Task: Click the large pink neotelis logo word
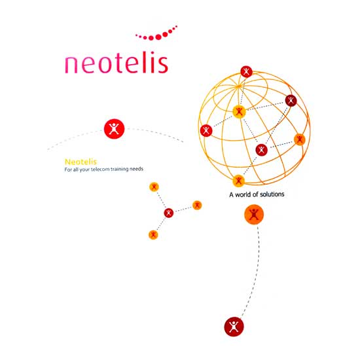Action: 117,63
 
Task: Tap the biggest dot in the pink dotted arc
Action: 158,37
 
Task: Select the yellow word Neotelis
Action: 81,162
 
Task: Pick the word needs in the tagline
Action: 136,169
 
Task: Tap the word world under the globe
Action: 243,194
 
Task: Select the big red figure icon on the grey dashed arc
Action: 114,129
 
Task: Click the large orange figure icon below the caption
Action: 254,214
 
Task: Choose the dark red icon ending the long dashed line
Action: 234,327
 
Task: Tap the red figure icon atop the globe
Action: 246,71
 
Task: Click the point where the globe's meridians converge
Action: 239,86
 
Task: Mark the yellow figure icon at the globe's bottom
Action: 238,181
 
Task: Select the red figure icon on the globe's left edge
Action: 206,131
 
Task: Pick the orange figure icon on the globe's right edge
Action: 300,139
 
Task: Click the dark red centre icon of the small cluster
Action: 169,213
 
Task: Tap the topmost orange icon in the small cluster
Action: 154,187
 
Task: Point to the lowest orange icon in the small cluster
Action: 153,234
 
